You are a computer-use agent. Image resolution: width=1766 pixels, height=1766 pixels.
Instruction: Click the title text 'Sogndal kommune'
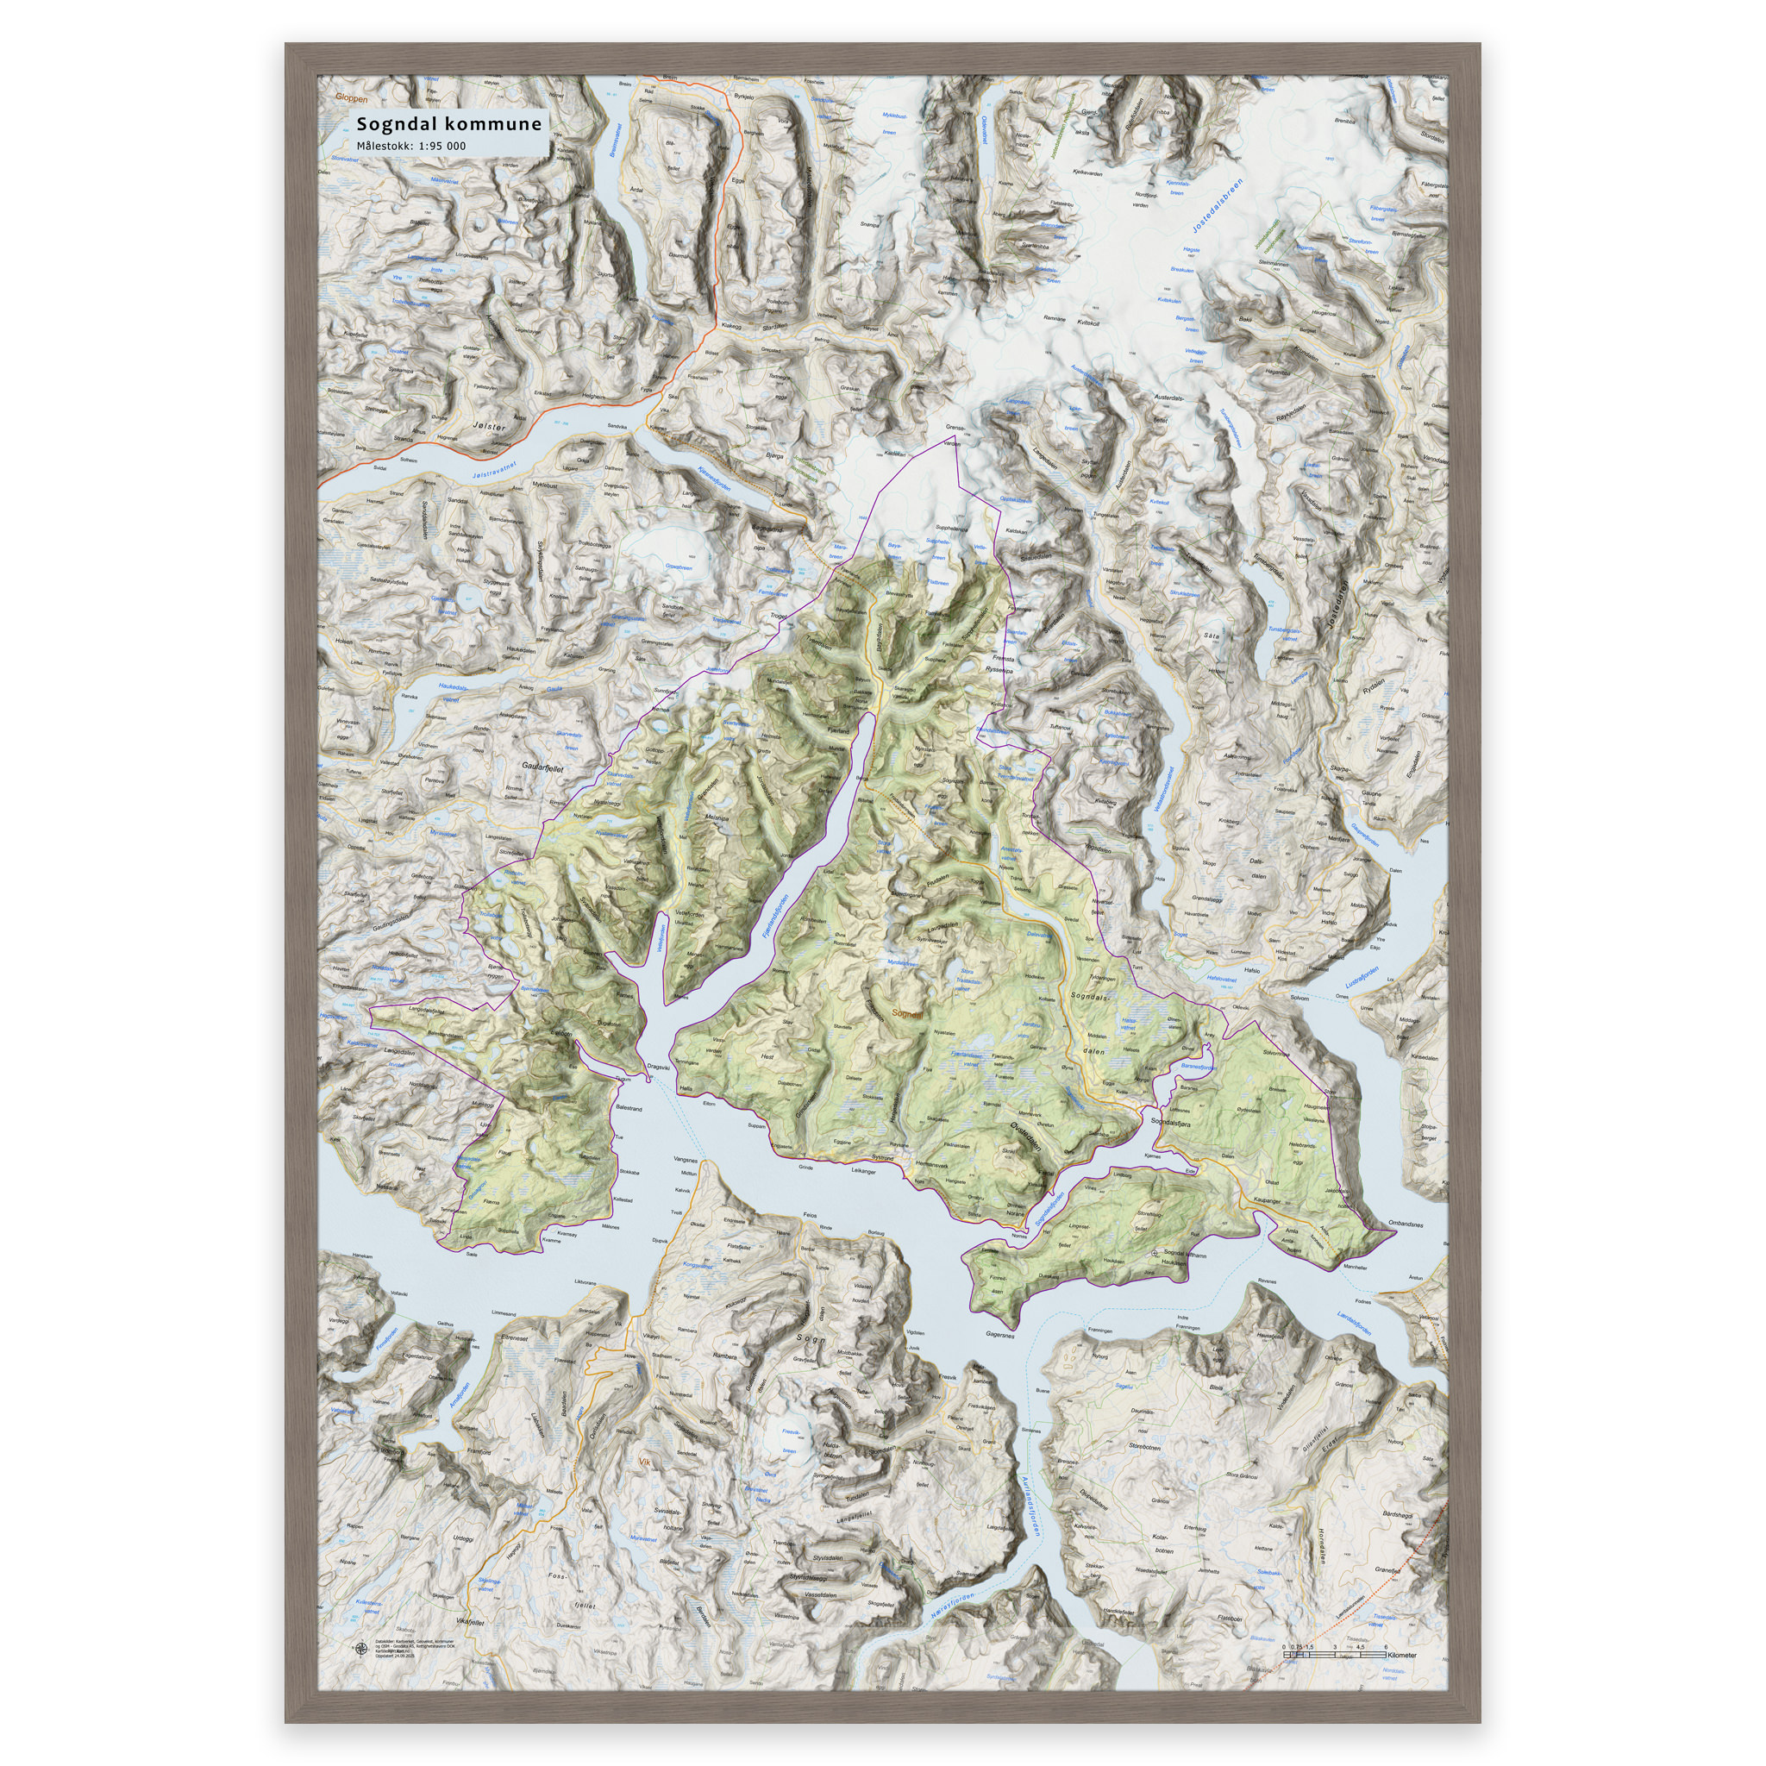[448, 123]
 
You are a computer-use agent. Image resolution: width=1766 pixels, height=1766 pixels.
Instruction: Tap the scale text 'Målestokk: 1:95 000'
[410, 147]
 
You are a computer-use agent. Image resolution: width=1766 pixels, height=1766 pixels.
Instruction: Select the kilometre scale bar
[1336, 1655]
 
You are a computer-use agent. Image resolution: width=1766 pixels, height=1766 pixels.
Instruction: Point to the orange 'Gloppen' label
[351, 97]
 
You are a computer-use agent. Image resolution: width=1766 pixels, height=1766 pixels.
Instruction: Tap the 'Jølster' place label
[489, 426]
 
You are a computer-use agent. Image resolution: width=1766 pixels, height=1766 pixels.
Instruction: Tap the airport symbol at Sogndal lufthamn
[1155, 1253]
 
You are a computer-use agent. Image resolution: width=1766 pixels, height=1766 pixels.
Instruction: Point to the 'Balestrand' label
[629, 1108]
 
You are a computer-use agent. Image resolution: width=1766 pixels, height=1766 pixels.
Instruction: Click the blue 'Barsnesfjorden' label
[1198, 1066]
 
